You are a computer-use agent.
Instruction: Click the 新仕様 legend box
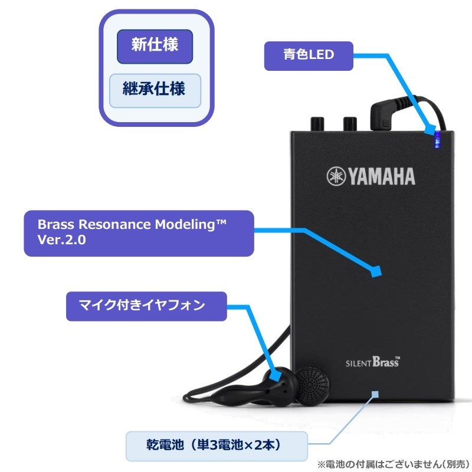155,46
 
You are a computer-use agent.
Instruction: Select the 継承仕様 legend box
155,90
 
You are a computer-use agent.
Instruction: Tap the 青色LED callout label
309,55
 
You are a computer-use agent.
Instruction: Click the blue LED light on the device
437,140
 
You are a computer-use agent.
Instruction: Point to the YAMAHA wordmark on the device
381,176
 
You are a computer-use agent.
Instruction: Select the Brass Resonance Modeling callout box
139,233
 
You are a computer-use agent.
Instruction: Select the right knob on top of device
349,123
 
